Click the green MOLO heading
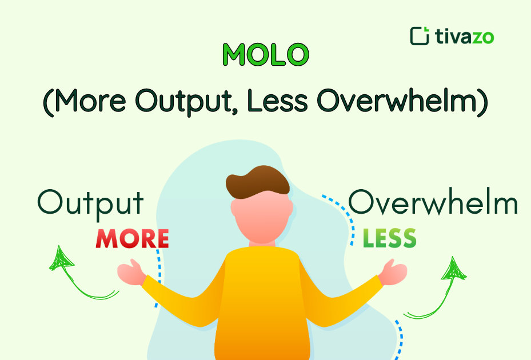[265, 54]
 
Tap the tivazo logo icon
[420, 35]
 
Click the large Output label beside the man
[90, 203]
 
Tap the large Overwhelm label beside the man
[433, 203]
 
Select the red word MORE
[132, 238]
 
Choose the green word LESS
[389, 238]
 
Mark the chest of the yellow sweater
[260, 286]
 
